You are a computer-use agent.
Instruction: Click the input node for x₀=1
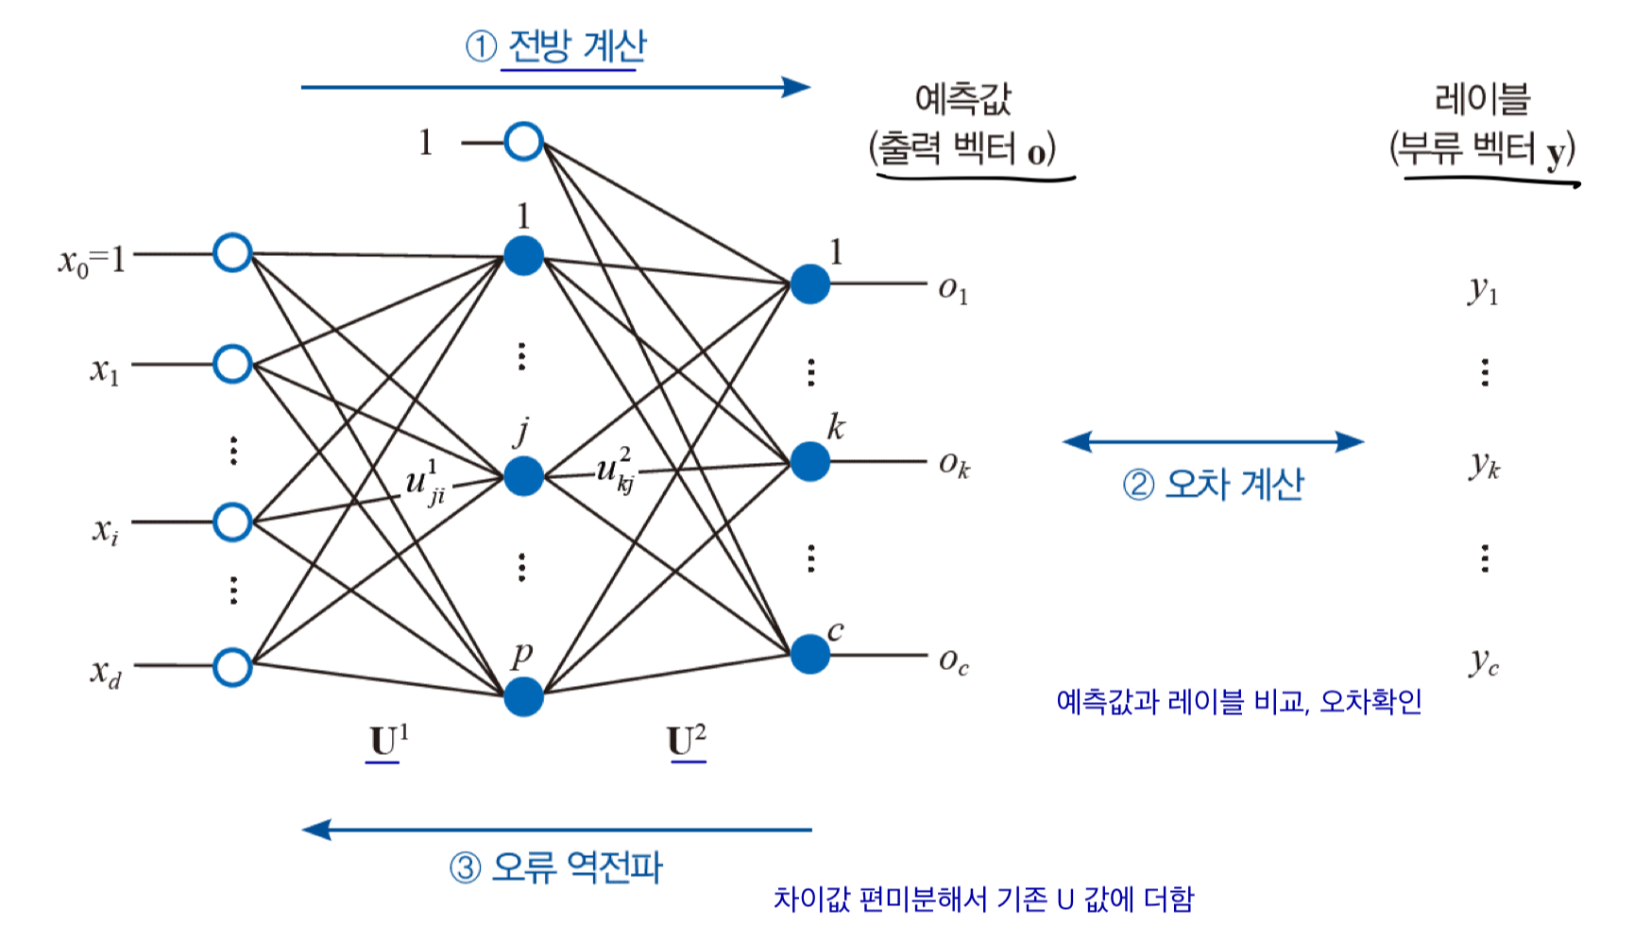(x=232, y=253)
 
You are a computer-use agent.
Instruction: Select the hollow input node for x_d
(x=232, y=666)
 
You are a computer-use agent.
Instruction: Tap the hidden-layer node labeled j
(x=523, y=475)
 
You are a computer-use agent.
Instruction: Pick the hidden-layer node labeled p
(x=523, y=697)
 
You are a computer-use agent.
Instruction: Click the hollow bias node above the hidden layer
(x=523, y=142)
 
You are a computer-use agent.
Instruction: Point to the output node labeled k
(x=809, y=462)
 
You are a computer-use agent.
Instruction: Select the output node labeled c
(x=809, y=654)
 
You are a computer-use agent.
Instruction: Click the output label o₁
(x=952, y=289)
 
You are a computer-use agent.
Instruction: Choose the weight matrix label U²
(x=687, y=741)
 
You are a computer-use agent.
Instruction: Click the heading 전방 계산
(x=576, y=46)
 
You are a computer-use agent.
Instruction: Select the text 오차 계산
(x=1234, y=485)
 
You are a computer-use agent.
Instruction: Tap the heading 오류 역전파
(x=576, y=867)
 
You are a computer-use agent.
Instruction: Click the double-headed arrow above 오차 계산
(x=1213, y=441)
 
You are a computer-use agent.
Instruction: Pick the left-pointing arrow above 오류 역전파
(x=556, y=830)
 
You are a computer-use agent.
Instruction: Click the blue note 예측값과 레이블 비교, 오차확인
(x=1238, y=702)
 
